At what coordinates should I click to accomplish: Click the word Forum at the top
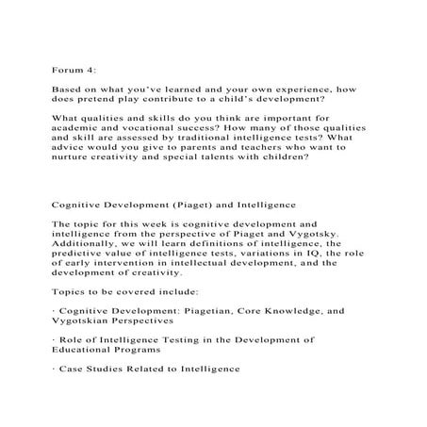[x=64, y=69]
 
